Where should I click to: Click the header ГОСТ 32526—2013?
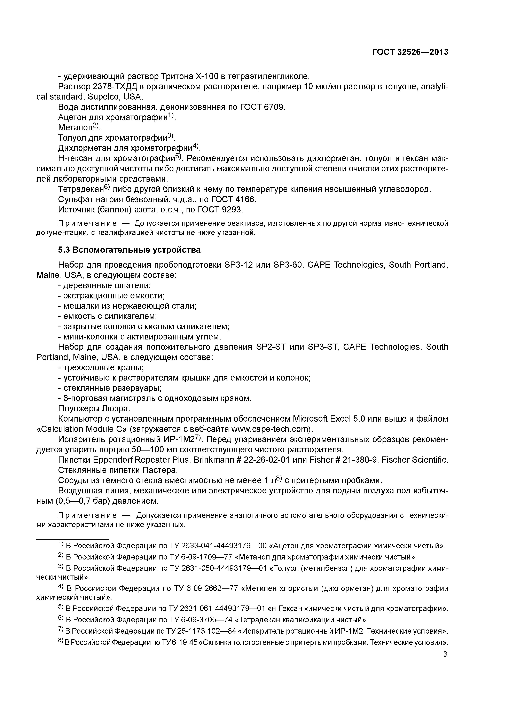[x=410, y=52]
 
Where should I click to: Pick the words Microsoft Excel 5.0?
[x=327, y=419]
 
